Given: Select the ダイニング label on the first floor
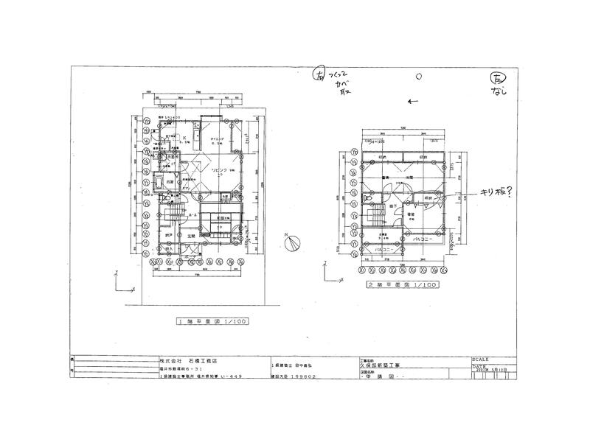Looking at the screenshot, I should point(218,138).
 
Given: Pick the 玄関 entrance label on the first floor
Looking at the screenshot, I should point(190,236).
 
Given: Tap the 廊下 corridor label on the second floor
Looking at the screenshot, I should point(393,206).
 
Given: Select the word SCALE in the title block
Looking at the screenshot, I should point(480,357).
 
